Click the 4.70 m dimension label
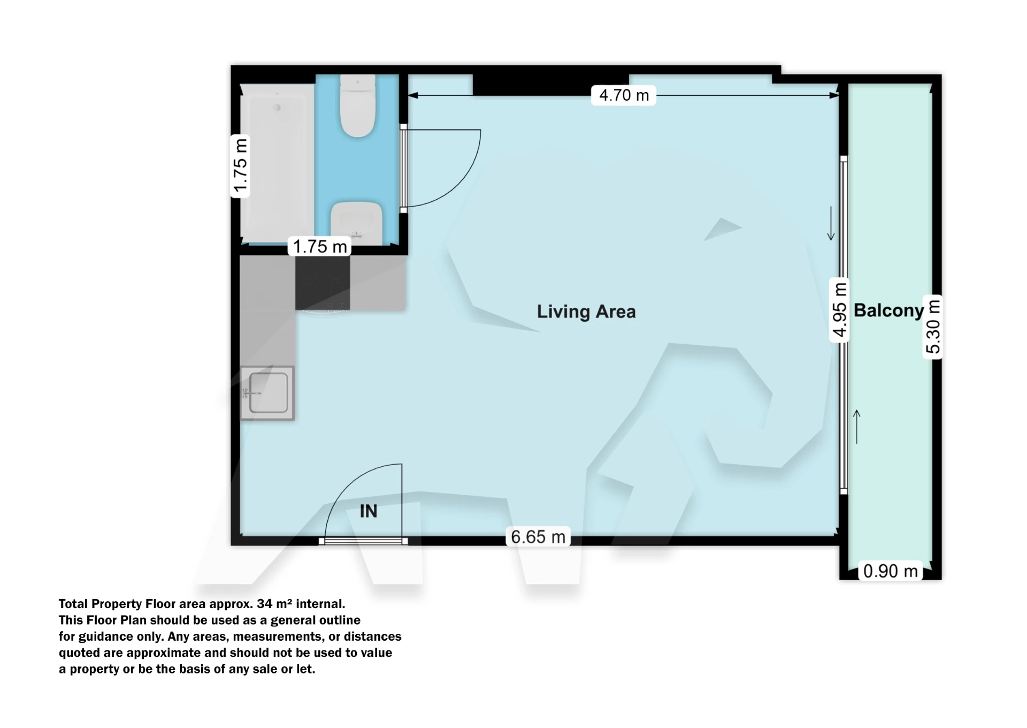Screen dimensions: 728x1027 click(x=624, y=95)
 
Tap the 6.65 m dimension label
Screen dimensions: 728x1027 click(x=538, y=537)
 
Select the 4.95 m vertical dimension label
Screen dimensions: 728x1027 click(x=840, y=310)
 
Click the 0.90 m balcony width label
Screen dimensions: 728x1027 click(x=891, y=571)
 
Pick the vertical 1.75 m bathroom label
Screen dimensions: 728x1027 click(x=240, y=166)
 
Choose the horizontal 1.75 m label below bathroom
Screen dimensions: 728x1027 click(x=320, y=246)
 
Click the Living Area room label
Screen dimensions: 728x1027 click(x=586, y=312)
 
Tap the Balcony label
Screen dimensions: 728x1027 click(x=888, y=310)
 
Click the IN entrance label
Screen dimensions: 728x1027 click(x=369, y=511)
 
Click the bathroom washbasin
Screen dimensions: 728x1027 click(x=356, y=223)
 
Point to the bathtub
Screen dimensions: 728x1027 click(x=277, y=163)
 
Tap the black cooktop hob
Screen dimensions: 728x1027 click(x=323, y=283)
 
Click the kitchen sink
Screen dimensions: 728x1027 click(x=267, y=393)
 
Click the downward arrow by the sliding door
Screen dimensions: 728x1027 click(x=831, y=223)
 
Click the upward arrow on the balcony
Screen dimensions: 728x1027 click(x=857, y=427)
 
